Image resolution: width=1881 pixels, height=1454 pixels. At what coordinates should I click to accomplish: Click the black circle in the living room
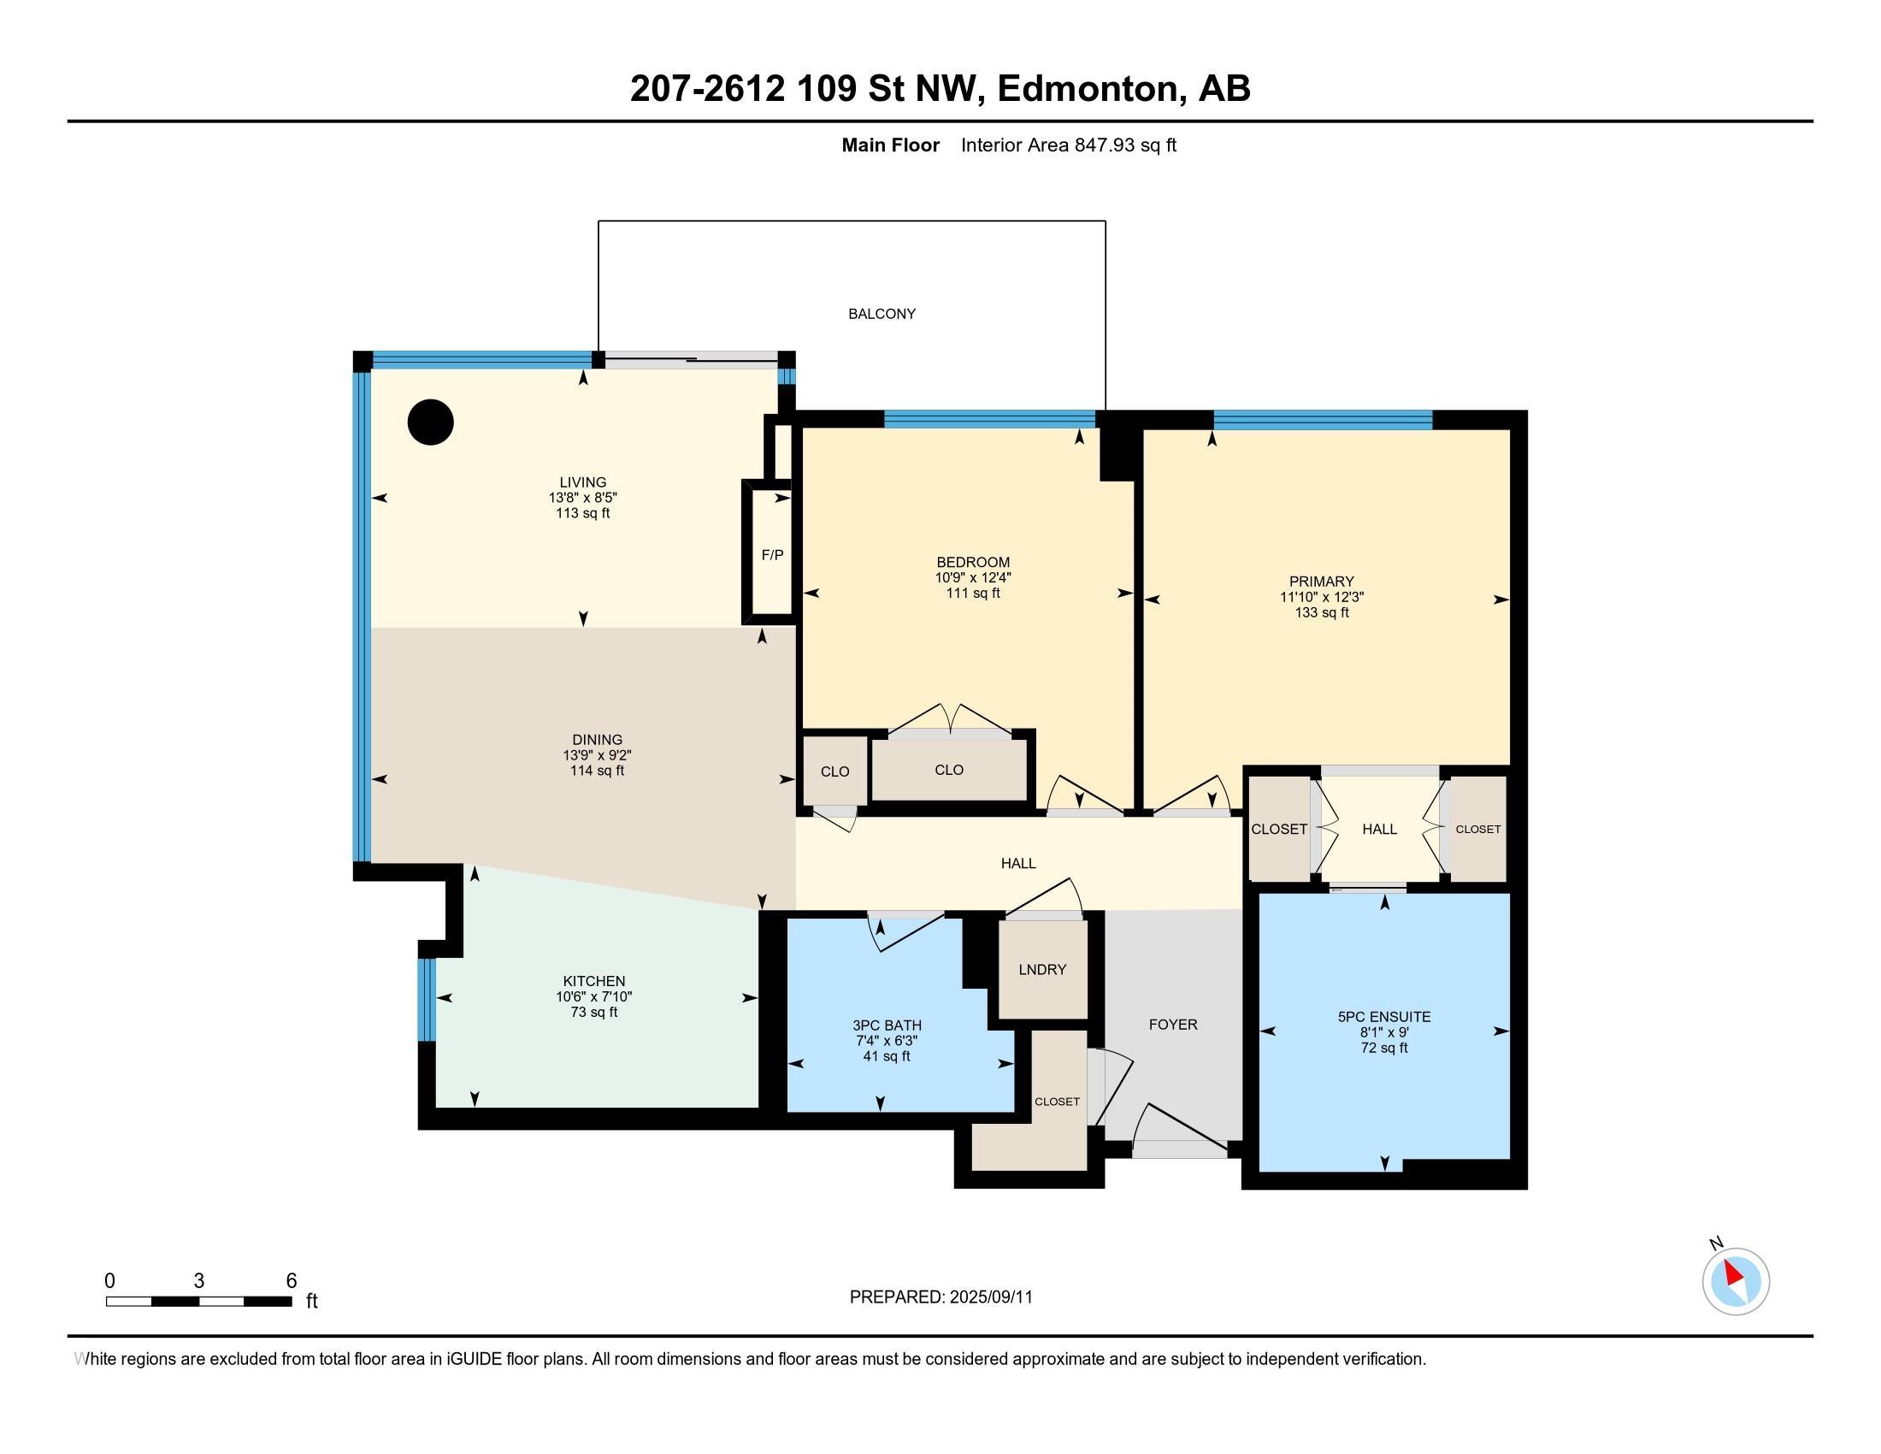pyautogui.click(x=431, y=423)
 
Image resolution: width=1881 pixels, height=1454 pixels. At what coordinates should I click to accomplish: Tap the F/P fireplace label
pyautogui.click(x=773, y=556)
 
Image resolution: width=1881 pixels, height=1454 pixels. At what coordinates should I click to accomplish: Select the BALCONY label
pyautogui.click(x=881, y=315)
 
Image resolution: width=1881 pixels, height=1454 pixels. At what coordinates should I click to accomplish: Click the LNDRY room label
pyautogui.click(x=1042, y=970)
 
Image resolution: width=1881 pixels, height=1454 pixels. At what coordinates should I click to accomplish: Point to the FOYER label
pyautogui.click(x=1172, y=1024)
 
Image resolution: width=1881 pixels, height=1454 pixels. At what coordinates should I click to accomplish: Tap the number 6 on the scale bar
pyautogui.click(x=291, y=1281)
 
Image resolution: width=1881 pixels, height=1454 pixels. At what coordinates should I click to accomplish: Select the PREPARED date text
pyautogui.click(x=940, y=1297)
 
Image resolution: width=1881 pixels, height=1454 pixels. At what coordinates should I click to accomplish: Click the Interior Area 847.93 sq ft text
pyautogui.click(x=1068, y=145)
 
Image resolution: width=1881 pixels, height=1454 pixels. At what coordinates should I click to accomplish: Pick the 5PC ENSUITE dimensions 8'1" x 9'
pyautogui.click(x=1384, y=1032)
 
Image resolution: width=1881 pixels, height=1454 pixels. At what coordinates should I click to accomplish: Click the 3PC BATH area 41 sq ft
pyautogui.click(x=887, y=1056)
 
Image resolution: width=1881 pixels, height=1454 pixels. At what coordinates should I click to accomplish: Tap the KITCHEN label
pyautogui.click(x=593, y=981)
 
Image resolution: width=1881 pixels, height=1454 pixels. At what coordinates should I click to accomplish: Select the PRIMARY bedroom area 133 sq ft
pyautogui.click(x=1321, y=612)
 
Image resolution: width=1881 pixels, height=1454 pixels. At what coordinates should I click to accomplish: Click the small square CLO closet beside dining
pyautogui.click(x=834, y=771)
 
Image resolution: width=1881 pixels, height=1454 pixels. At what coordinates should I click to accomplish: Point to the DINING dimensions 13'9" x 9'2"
pyautogui.click(x=597, y=755)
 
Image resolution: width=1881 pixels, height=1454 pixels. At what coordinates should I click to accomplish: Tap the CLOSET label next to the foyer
pyautogui.click(x=1057, y=1102)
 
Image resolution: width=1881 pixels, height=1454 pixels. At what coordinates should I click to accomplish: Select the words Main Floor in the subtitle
pyautogui.click(x=890, y=145)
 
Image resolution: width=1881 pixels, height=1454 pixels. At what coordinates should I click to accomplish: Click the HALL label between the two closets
pyautogui.click(x=1379, y=830)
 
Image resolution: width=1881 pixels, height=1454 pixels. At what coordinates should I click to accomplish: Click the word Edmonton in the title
pyautogui.click(x=1088, y=89)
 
